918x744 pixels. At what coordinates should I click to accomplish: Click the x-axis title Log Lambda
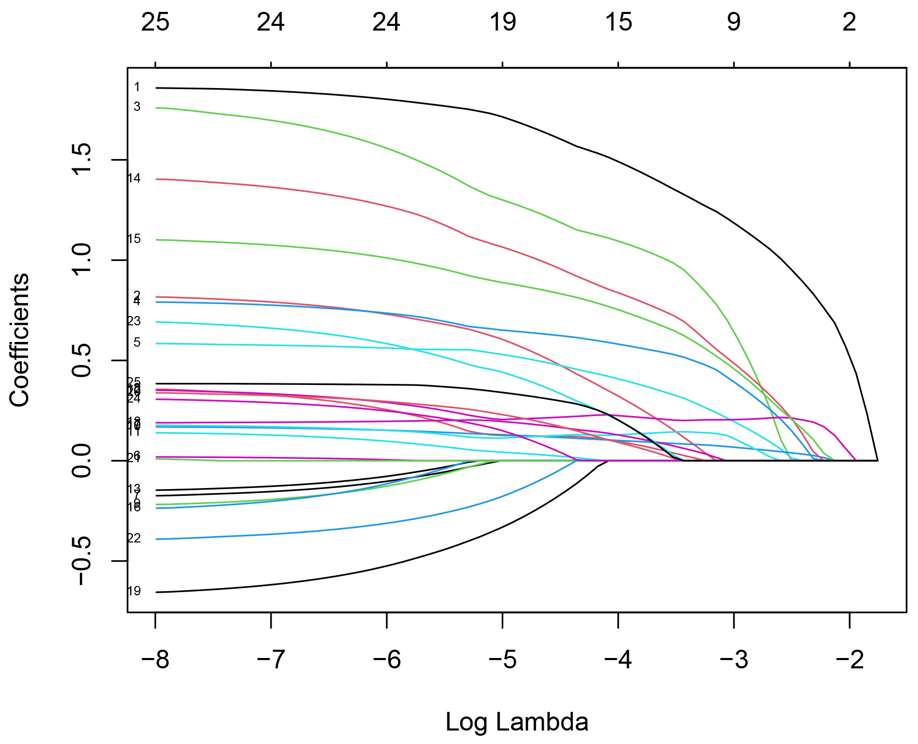point(517,722)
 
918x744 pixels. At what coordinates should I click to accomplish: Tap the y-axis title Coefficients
point(20,340)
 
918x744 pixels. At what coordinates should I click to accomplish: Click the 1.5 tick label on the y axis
point(83,160)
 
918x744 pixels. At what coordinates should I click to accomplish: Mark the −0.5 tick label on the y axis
point(83,561)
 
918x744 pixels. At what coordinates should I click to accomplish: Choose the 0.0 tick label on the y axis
point(83,461)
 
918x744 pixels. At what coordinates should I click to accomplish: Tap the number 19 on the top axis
point(502,23)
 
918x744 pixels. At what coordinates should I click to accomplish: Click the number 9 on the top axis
point(733,23)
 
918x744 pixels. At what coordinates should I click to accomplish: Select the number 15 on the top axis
point(618,23)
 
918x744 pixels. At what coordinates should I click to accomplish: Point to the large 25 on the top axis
point(155,23)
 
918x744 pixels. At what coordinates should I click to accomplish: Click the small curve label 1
point(137,88)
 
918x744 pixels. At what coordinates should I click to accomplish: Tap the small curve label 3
point(137,107)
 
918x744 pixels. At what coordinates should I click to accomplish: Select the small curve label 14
point(134,179)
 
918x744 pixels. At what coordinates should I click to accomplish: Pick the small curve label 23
point(134,322)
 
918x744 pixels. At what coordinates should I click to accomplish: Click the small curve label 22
point(134,539)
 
